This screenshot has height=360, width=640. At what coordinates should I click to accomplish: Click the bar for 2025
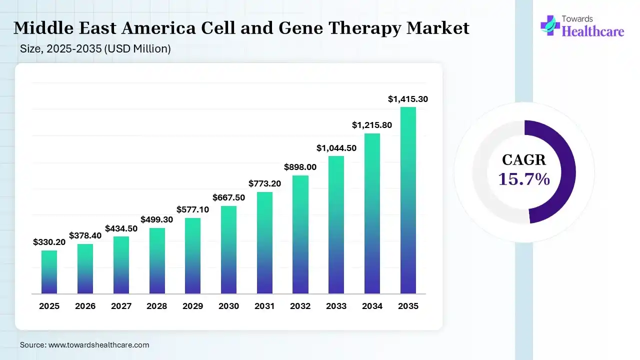click(x=49, y=272)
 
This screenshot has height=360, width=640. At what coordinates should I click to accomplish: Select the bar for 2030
click(x=228, y=249)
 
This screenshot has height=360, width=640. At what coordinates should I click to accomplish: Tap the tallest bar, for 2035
click(x=408, y=200)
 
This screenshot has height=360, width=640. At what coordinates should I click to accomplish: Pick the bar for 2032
click(x=300, y=234)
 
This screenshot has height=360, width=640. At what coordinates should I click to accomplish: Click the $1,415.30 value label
click(x=408, y=99)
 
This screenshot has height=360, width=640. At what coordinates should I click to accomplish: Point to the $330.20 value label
click(x=49, y=242)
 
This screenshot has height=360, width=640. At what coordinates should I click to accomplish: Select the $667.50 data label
click(x=228, y=197)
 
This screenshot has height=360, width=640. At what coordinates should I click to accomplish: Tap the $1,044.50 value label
click(x=336, y=148)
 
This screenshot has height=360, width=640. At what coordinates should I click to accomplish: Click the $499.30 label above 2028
click(x=157, y=219)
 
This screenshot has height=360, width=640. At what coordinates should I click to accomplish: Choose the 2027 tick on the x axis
click(x=121, y=306)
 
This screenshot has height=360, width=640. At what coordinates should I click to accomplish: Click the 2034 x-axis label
click(x=372, y=306)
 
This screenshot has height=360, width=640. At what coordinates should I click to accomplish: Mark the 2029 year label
click(x=193, y=306)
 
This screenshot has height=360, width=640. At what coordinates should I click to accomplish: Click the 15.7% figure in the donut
click(x=524, y=178)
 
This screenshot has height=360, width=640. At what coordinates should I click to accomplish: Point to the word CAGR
click(x=524, y=160)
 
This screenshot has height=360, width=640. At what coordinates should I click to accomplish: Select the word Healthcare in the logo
click(x=593, y=31)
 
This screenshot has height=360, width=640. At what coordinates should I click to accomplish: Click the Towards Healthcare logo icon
click(x=550, y=25)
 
